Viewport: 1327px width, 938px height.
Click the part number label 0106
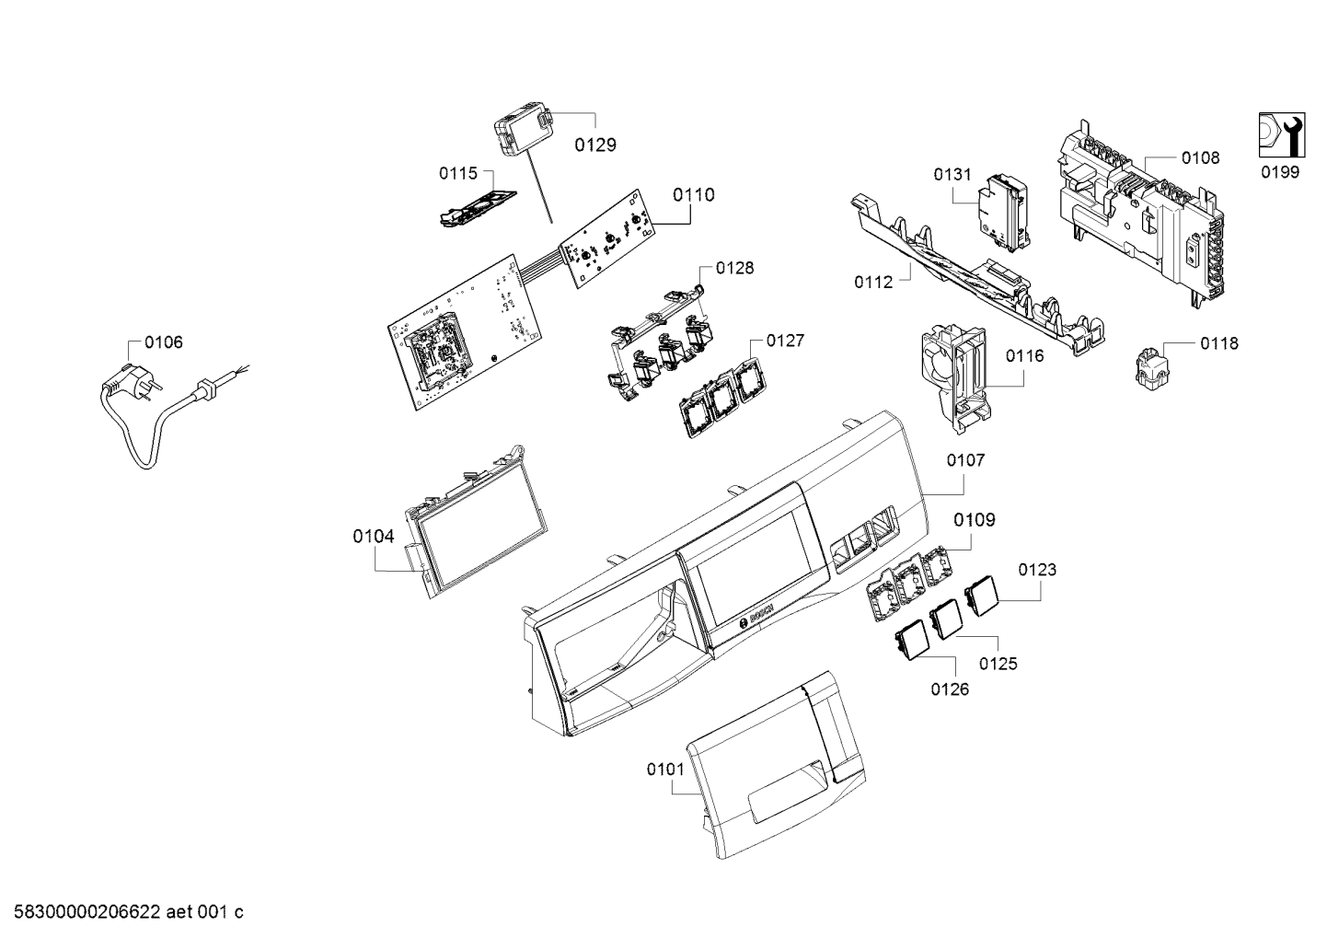pyautogui.click(x=164, y=342)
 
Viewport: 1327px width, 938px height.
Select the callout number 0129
pyautogui.click(x=595, y=145)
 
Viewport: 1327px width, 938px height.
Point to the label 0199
pyautogui.click(x=1279, y=172)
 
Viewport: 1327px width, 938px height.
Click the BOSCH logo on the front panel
pyautogui.click(x=756, y=618)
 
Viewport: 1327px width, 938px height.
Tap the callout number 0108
pyautogui.click(x=1200, y=157)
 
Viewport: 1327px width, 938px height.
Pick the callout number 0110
pyautogui.click(x=694, y=195)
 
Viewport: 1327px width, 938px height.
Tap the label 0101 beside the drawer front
pyautogui.click(x=665, y=770)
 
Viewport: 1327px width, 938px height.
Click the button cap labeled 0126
pyautogui.click(x=910, y=639)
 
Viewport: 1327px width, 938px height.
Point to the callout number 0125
pyautogui.click(x=998, y=664)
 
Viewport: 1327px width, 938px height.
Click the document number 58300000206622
pyautogui.click(x=87, y=912)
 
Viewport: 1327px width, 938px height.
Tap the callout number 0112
pyautogui.click(x=873, y=283)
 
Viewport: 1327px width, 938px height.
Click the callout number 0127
pyautogui.click(x=786, y=341)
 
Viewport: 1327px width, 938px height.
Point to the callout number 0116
pyautogui.click(x=1025, y=356)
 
